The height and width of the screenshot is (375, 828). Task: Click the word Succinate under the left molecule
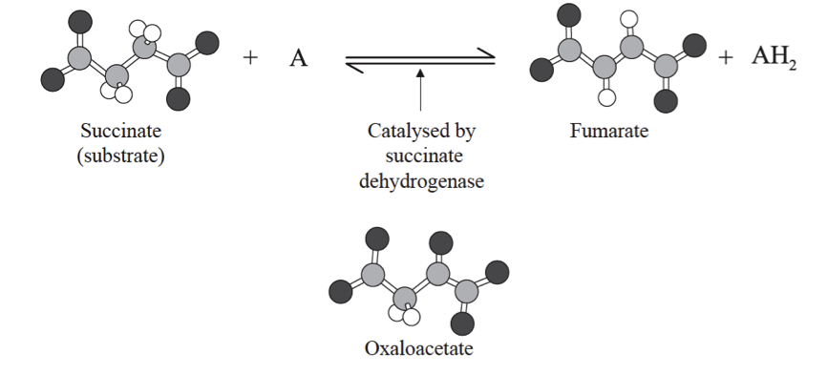(121, 131)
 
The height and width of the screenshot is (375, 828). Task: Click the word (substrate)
(121, 156)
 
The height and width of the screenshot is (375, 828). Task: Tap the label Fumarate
(609, 131)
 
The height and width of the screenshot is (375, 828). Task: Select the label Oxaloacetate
(418, 348)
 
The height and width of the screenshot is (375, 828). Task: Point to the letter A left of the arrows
(298, 58)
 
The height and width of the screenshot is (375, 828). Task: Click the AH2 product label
(775, 56)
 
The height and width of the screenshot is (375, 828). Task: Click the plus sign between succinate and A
(250, 57)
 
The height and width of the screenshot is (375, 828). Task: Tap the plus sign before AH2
(726, 57)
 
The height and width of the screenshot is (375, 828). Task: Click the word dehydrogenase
(421, 181)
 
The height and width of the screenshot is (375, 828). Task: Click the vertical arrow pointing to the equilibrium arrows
(420, 90)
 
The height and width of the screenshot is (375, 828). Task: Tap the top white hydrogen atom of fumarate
(629, 19)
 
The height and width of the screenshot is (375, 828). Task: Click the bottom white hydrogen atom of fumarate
(606, 97)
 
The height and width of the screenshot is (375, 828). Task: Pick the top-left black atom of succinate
(80, 22)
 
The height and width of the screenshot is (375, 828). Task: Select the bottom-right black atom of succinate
(178, 98)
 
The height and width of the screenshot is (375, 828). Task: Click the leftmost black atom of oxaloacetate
(341, 292)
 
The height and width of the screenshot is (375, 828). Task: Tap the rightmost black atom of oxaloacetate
(497, 272)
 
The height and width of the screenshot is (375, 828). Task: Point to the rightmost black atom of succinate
(207, 43)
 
